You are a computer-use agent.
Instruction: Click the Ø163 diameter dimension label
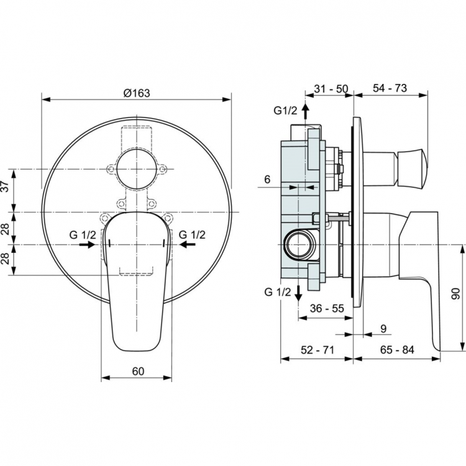tap(137, 93)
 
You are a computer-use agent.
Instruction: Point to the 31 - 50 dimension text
tap(330, 88)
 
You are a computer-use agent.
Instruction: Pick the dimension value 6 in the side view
tap(267, 179)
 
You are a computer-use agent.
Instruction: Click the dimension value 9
tap(383, 328)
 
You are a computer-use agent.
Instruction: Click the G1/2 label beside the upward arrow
tap(286, 111)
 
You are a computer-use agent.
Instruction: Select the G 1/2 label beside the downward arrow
tap(278, 292)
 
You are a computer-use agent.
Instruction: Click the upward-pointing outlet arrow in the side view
tap(305, 112)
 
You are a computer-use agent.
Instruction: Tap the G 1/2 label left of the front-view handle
tap(82, 234)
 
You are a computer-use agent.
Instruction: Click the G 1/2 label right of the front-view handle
tap(192, 234)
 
